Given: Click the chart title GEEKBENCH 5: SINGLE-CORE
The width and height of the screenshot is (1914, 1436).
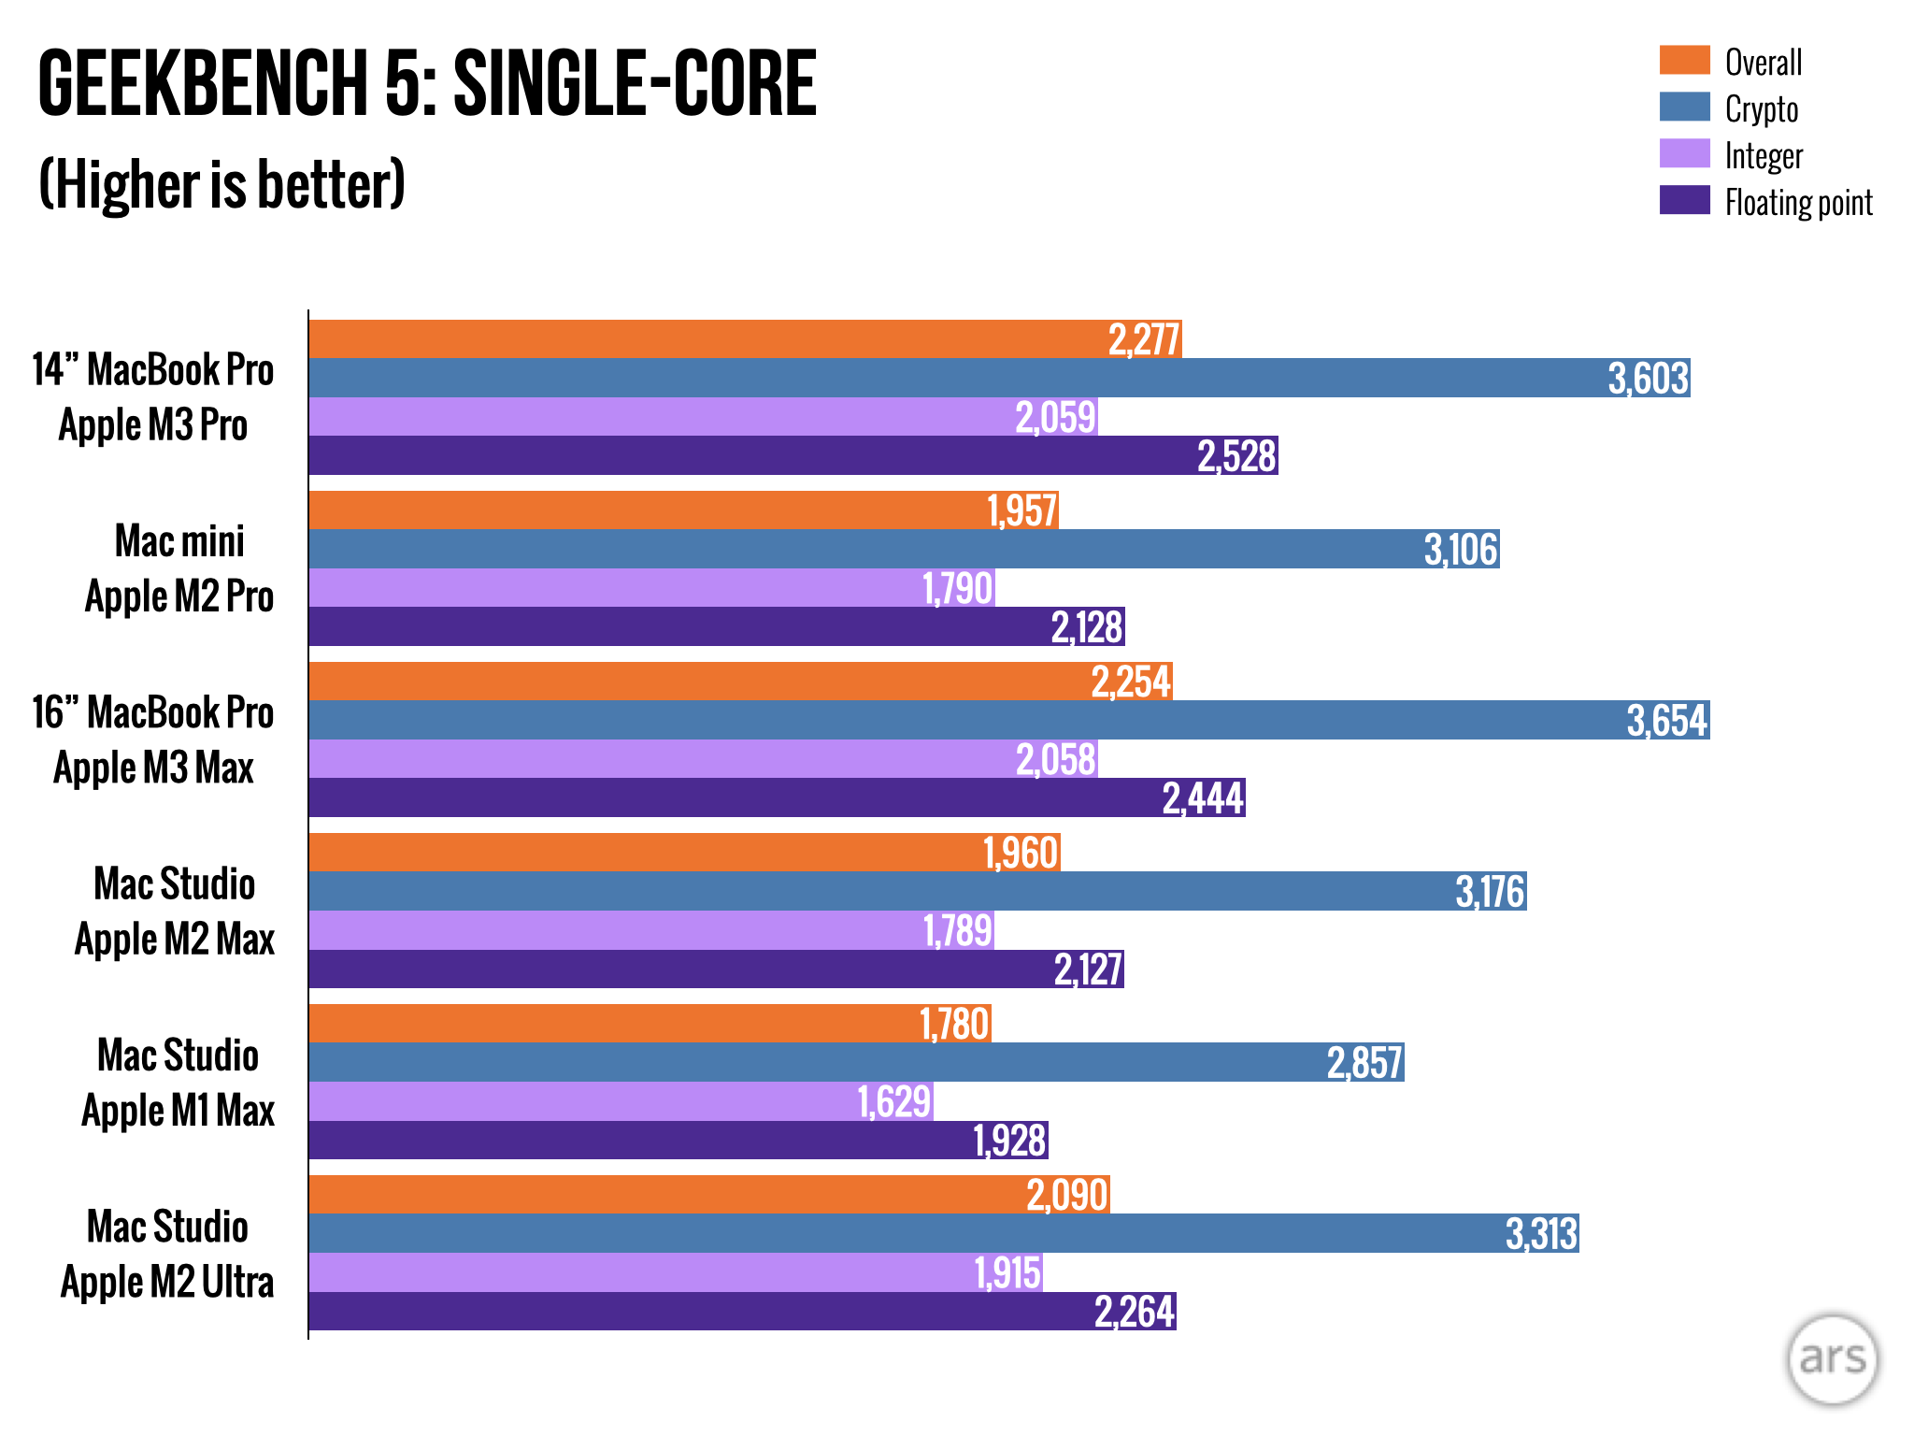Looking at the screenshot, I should click(427, 84).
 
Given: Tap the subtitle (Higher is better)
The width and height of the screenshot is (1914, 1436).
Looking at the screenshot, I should click(221, 184).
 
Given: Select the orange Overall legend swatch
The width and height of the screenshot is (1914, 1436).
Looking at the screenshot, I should click(1684, 60).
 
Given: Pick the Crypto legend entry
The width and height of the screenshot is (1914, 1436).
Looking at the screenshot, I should click(1761, 108).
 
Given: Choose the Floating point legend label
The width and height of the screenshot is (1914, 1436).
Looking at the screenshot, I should click(1798, 202).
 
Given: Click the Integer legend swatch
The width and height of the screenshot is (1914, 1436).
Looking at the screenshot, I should click(1684, 153).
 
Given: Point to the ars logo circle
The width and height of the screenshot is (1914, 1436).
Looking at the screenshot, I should click(1832, 1358).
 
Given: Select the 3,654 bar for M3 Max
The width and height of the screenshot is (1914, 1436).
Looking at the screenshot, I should click(1009, 720).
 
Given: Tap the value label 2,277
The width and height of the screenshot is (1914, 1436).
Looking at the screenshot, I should click(1144, 339).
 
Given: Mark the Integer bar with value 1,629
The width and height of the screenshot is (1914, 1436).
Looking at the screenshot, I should click(621, 1101).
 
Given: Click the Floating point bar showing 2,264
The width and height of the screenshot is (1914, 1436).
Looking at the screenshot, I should click(742, 1311).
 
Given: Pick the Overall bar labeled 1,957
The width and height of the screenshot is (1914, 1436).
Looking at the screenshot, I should click(683, 510).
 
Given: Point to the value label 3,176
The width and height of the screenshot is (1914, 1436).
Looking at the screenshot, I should click(1490, 891).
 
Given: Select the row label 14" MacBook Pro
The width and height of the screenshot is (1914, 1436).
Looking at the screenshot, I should click(153, 370).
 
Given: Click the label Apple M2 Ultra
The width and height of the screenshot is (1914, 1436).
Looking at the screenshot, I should click(167, 1282).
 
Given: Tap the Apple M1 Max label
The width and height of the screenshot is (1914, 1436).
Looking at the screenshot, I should click(178, 1111).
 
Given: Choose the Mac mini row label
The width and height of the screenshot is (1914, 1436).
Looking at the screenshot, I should click(179, 541).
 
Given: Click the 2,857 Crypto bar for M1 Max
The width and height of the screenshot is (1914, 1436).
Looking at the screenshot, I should click(856, 1062).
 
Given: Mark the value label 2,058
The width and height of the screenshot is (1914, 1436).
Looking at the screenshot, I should click(1055, 759).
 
